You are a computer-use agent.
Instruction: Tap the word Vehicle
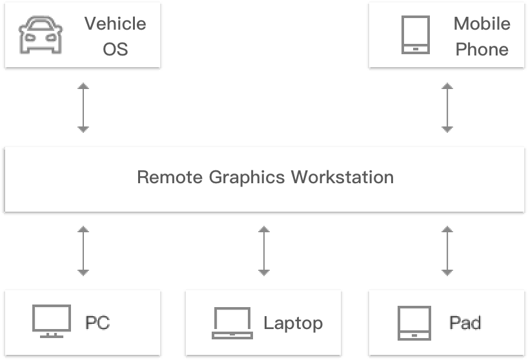(115, 24)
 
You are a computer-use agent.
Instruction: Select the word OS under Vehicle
(116, 49)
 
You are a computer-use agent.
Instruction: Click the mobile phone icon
(415, 35)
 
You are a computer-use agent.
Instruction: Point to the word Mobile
(482, 24)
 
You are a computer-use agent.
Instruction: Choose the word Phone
(482, 49)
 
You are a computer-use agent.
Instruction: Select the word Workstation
(342, 177)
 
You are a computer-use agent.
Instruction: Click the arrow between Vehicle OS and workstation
(83, 107)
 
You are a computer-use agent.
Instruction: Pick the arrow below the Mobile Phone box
(447, 107)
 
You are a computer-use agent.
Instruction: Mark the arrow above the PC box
(83, 250)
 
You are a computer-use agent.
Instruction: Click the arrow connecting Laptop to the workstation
(263, 250)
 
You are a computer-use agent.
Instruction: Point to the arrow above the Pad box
(447, 250)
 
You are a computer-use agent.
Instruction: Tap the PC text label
(98, 323)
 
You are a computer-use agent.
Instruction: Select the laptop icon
(232, 323)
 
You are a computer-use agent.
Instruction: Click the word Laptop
(292, 323)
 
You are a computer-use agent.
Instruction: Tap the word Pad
(465, 323)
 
